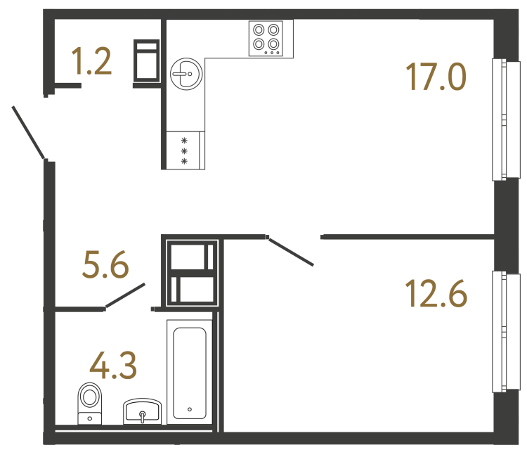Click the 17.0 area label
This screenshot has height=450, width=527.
436,77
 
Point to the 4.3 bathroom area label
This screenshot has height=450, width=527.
112,366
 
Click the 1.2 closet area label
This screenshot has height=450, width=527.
92,63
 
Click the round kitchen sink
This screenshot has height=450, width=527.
186,73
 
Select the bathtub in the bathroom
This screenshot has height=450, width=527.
189,372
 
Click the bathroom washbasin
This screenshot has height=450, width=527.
143,411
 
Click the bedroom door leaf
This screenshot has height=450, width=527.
291,252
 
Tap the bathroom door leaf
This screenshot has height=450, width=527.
125,296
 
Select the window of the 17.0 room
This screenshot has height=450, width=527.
500,120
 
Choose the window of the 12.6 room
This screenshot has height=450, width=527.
500,331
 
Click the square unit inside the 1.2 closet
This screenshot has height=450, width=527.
148,62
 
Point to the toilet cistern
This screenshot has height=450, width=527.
89,418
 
